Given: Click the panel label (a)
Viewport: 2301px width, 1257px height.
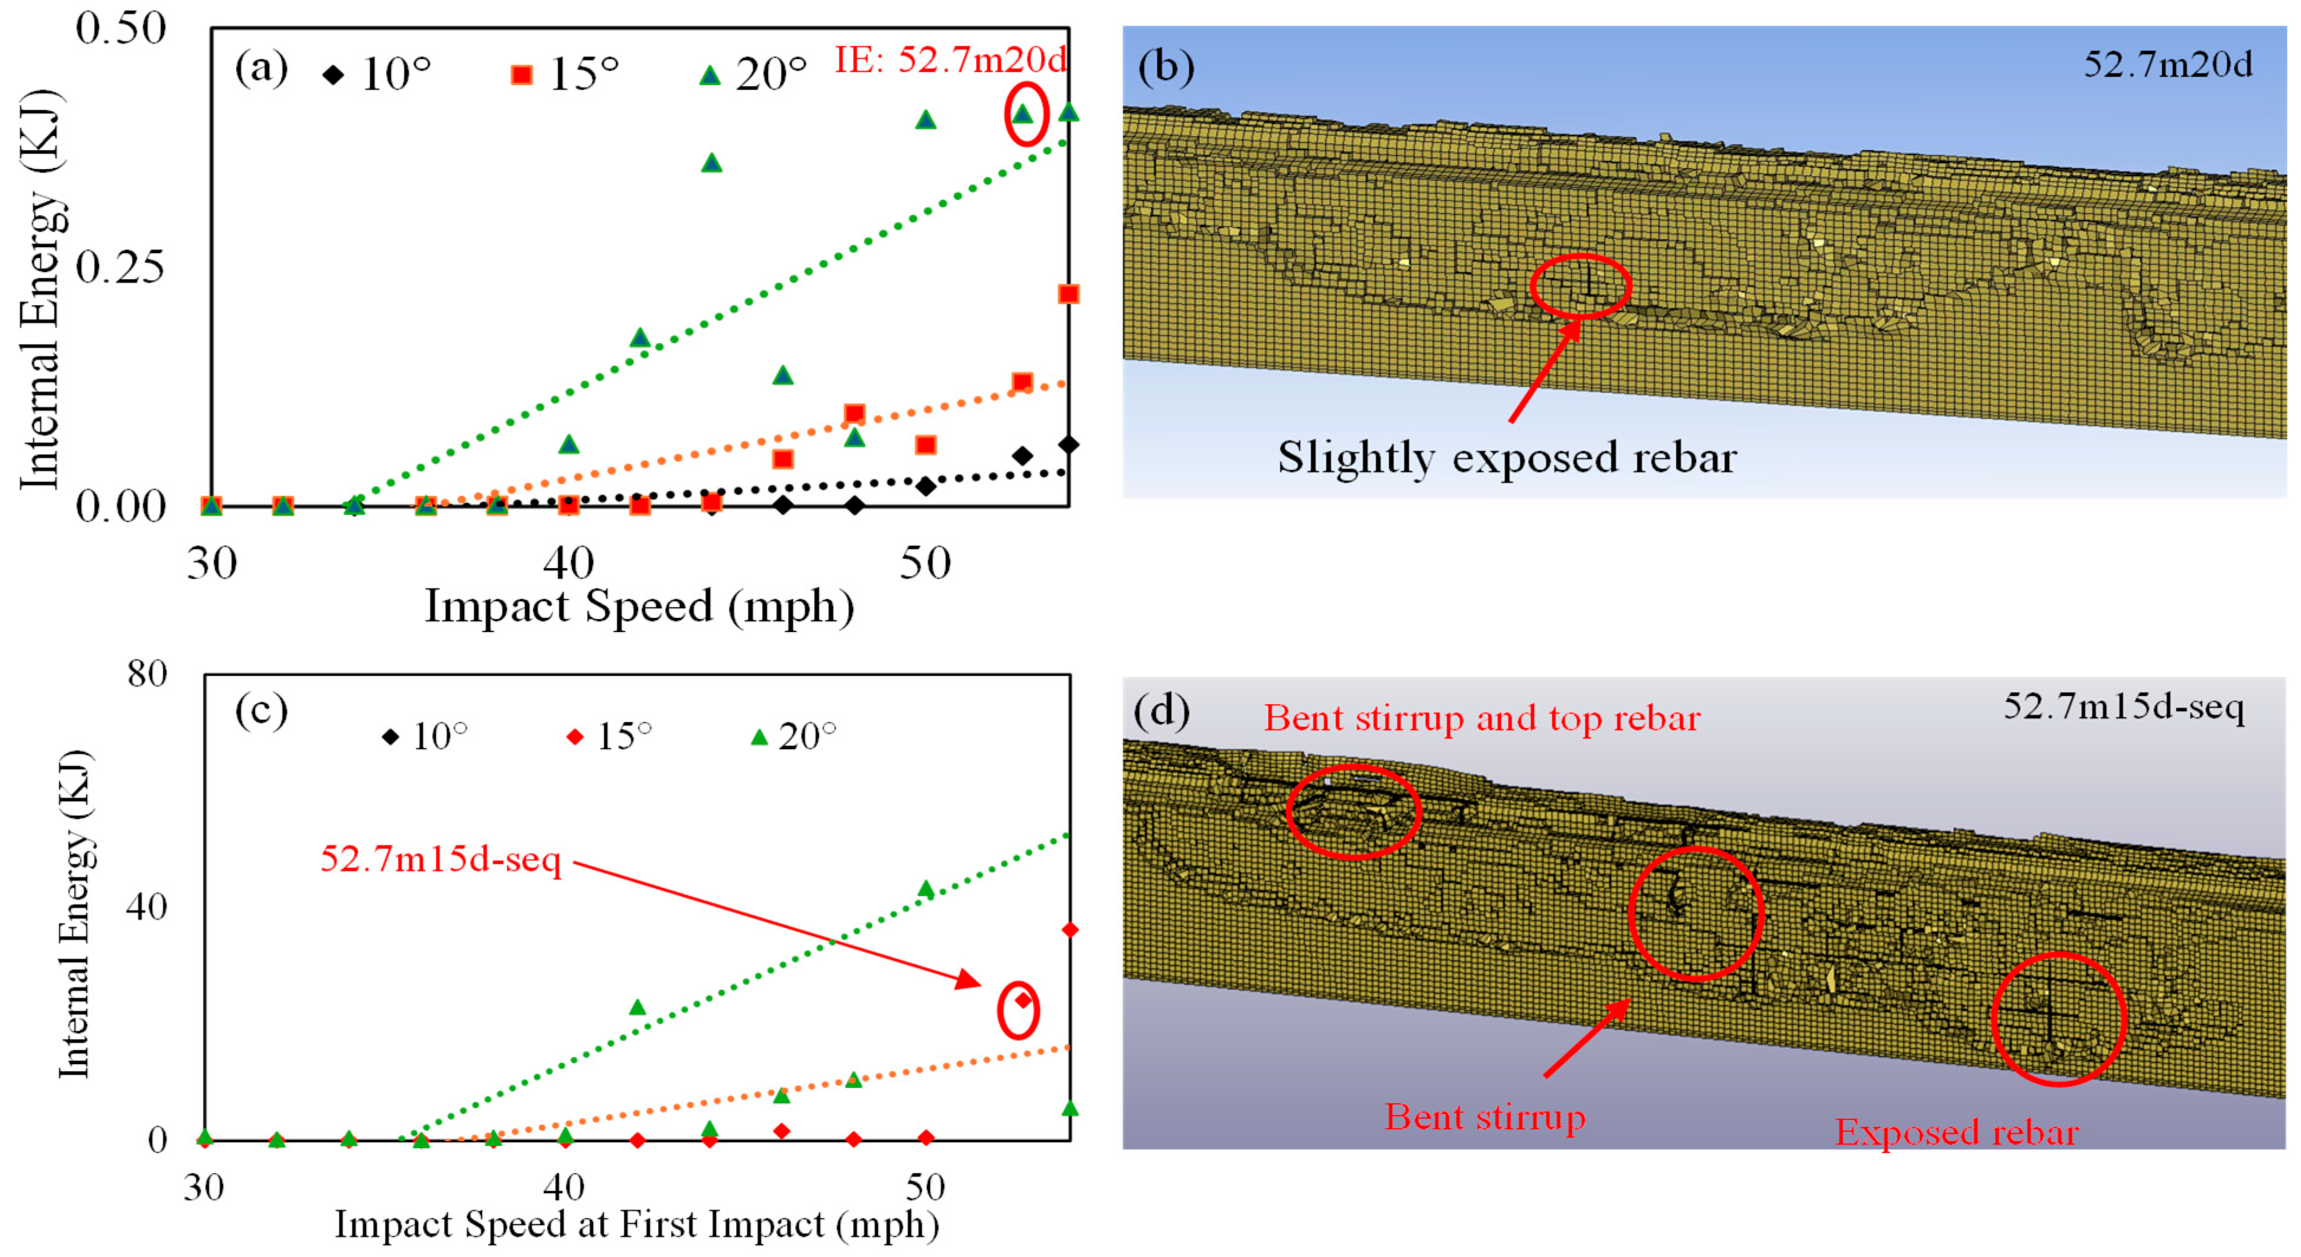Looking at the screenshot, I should click(x=261, y=69).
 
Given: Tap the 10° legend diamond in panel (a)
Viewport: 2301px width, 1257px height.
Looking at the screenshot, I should click(x=333, y=75).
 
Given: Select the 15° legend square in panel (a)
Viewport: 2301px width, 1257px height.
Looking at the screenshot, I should click(x=522, y=75).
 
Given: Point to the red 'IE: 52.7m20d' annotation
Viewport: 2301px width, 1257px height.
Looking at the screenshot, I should click(x=949, y=60).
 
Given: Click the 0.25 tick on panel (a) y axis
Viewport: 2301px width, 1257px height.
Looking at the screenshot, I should click(x=121, y=267).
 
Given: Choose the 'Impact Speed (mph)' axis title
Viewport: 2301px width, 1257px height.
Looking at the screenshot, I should click(x=640, y=607).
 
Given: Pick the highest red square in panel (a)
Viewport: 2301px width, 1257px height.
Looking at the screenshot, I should click(x=1068, y=294).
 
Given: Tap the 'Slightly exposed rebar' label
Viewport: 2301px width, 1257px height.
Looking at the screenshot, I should click(x=1507, y=458).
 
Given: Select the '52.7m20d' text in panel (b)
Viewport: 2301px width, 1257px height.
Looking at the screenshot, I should click(x=2168, y=64).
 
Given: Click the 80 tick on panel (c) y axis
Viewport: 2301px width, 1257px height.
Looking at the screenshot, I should click(x=147, y=673).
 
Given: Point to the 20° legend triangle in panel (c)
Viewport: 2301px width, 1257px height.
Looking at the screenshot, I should click(x=760, y=737).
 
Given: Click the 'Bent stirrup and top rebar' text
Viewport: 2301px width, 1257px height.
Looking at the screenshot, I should click(x=1482, y=719).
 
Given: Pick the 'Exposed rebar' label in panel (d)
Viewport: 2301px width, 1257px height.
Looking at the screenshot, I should click(x=1957, y=1132).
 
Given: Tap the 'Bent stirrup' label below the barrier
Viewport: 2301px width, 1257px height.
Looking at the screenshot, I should click(x=1485, y=1117).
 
